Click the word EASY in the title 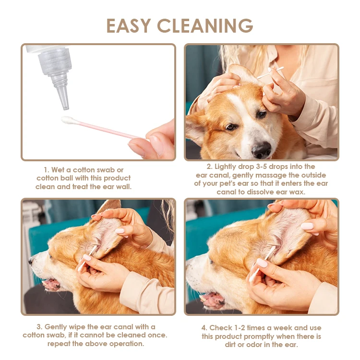tap(129, 25)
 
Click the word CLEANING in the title tap(205, 25)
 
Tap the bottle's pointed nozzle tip tap(66, 108)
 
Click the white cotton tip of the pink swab tap(67, 120)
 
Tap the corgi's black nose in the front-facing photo tap(261, 149)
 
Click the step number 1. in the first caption tap(47, 170)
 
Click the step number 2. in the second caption tap(209, 167)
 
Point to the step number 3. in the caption tap(39, 327)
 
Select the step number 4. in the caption tap(204, 328)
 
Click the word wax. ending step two tap(297, 192)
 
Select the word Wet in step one tap(58, 170)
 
